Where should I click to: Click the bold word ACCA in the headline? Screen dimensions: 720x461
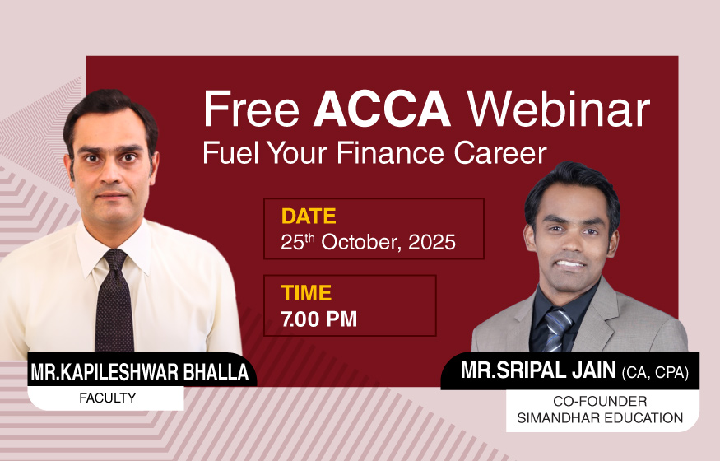point(382,109)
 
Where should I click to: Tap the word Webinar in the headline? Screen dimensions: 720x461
point(559,109)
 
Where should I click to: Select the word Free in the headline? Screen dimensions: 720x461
point(251,109)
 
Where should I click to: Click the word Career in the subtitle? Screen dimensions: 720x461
point(500,153)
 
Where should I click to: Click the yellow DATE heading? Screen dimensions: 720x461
point(309,217)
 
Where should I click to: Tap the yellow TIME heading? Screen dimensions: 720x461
point(306,293)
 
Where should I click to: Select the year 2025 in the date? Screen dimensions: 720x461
point(432,243)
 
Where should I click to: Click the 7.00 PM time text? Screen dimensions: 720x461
point(319,319)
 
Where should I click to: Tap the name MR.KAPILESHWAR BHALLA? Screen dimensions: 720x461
point(140,372)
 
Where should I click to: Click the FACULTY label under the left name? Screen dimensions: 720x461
point(108,398)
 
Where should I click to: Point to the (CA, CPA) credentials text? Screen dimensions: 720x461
point(655,372)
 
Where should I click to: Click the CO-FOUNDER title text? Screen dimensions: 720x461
point(600,401)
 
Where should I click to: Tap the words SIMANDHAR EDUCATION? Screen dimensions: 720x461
point(600,418)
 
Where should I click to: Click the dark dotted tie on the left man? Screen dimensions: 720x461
point(114,303)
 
